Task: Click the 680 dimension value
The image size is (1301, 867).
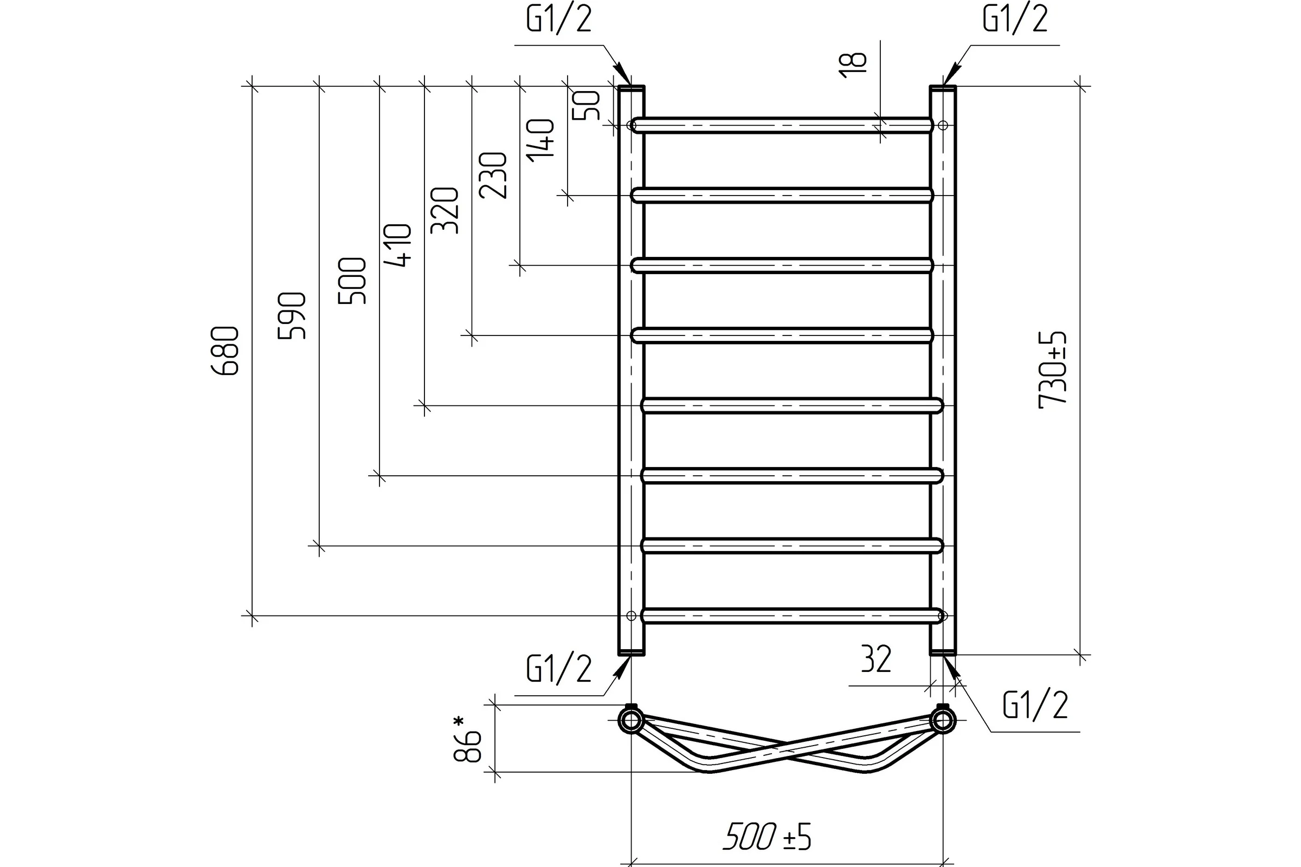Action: pos(226,351)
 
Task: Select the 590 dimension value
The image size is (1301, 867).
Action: pos(292,316)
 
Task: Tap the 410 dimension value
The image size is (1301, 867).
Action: pos(398,245)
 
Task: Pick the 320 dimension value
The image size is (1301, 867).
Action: pos(445,211)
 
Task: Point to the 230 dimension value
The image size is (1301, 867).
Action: pos(493,175)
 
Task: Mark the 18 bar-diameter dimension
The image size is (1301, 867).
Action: pos(852,65)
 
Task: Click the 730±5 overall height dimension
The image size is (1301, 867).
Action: pos(1052,370)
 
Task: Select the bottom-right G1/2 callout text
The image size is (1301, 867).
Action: pos(1035,705)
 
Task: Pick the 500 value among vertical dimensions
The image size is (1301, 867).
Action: pos(352,280)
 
